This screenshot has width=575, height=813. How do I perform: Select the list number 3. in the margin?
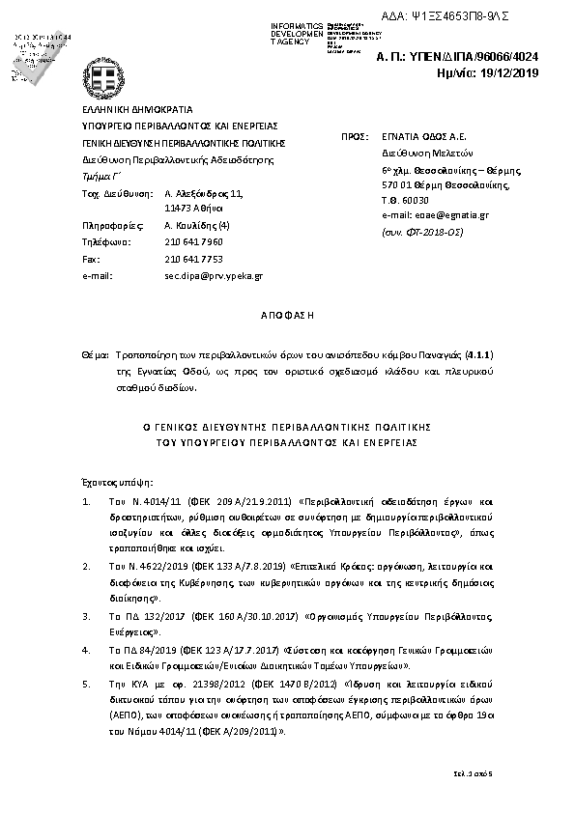(87, 614)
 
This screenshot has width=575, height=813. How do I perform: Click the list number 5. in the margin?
(87, 684)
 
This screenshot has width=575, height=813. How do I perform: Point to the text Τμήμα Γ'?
(98, 178)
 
